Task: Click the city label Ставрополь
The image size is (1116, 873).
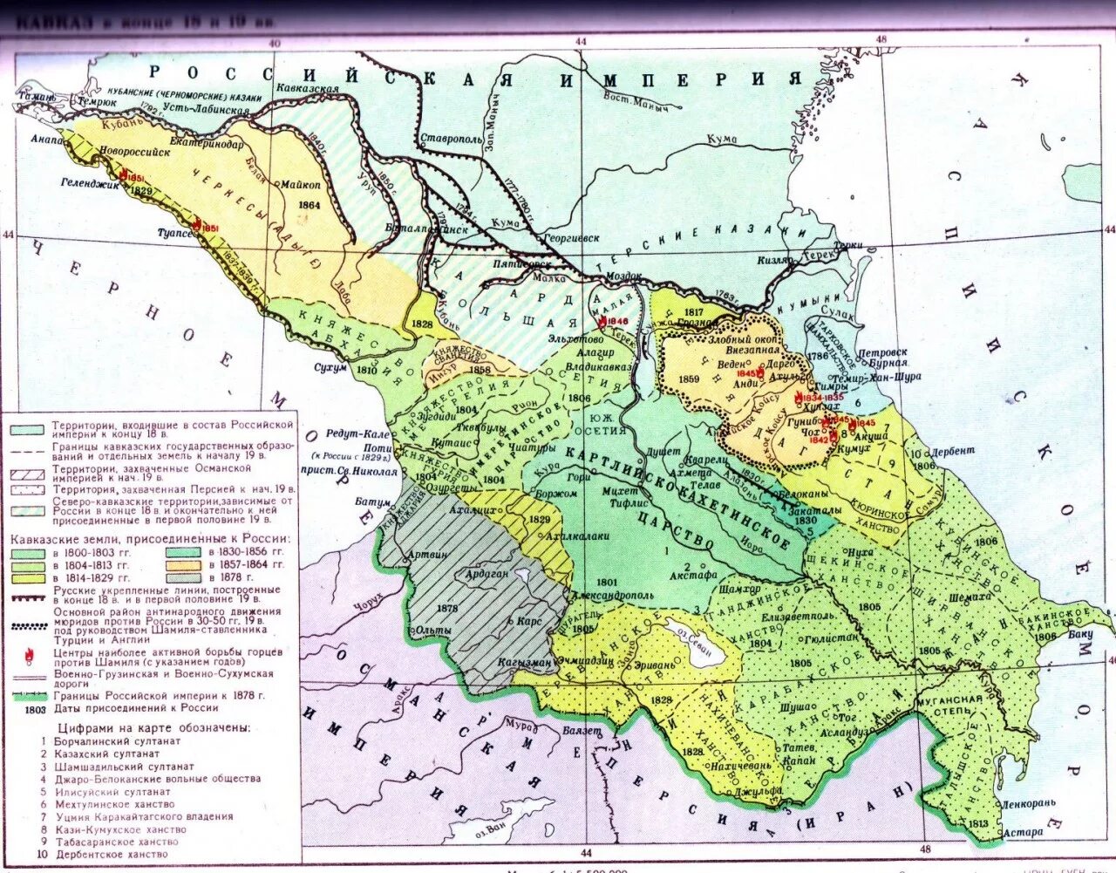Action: (451, 139)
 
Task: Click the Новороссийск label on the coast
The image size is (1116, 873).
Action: (134, 151)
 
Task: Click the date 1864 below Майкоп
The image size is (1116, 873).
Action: (309, 206)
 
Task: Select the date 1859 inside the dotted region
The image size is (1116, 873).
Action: (688, 379)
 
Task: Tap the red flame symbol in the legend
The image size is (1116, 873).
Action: (30, 654)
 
